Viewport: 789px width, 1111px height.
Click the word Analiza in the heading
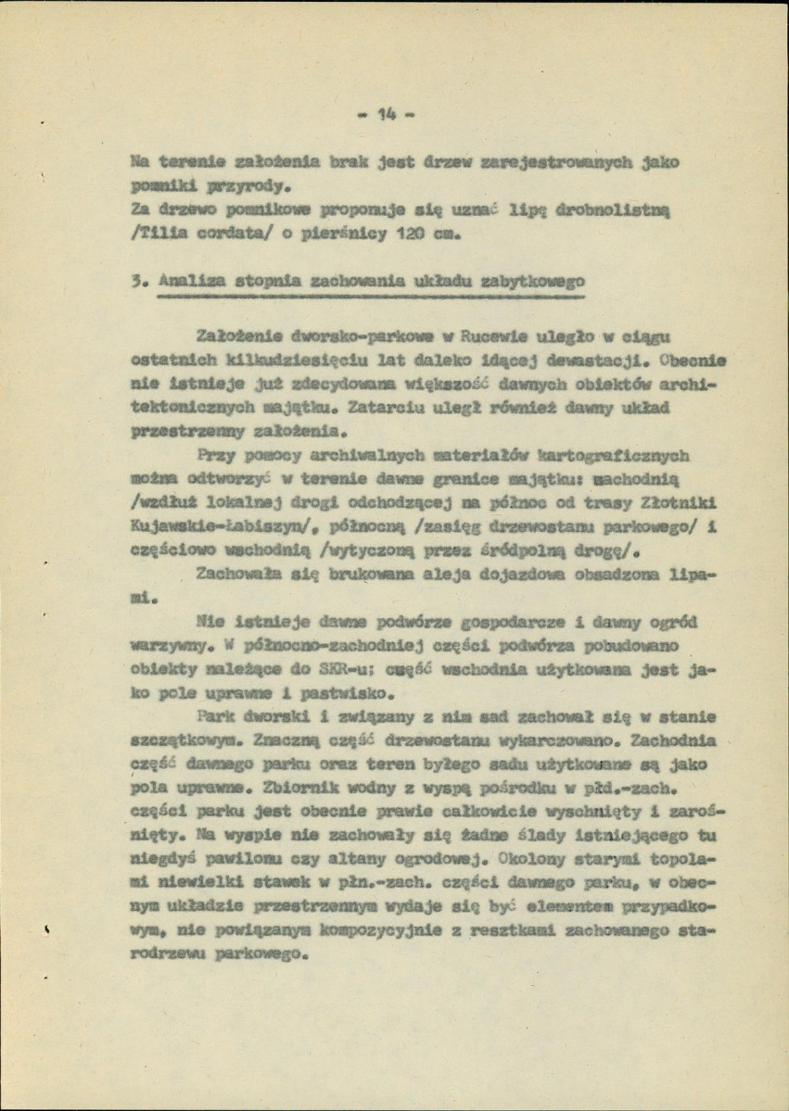pos(189,282)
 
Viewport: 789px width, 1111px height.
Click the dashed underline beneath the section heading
pos(371,299)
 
